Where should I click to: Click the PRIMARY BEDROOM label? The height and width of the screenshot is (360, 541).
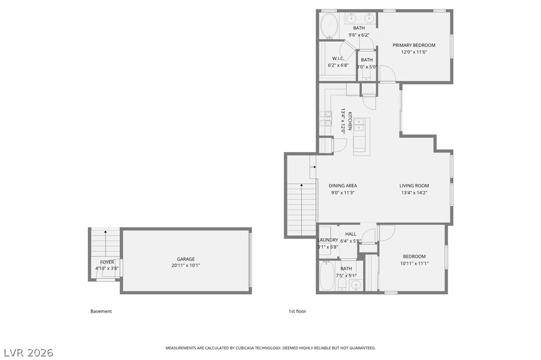click(413, 45)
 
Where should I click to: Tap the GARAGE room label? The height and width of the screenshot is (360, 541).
click(186, 259)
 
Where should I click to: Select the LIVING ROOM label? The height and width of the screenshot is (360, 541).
click(414, 186)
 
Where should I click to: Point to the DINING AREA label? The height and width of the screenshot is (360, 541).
click(343, 186)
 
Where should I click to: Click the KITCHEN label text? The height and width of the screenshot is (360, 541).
click(350, 120)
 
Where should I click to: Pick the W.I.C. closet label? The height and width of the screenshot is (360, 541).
click(338, 58)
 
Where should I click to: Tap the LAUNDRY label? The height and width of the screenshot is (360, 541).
click(328, 240)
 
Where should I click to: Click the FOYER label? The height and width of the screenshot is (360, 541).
click(107, 262)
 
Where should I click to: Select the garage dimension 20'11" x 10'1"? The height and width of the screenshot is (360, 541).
click(186, 265)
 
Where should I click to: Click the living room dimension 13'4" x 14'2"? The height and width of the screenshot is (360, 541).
click(414, 193)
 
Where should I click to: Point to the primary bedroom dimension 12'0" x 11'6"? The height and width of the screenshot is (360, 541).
click(414, 52)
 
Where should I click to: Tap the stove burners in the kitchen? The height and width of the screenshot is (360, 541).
click(325, 119)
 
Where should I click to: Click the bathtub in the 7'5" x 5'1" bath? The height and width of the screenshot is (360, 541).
click(326, 276)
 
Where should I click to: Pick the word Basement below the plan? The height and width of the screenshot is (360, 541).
click(101, 311)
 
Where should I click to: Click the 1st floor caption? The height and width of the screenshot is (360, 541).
click(297, 311)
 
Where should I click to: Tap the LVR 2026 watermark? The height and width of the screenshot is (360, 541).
click(28, 353)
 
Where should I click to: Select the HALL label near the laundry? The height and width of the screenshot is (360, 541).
click(351, 234)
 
